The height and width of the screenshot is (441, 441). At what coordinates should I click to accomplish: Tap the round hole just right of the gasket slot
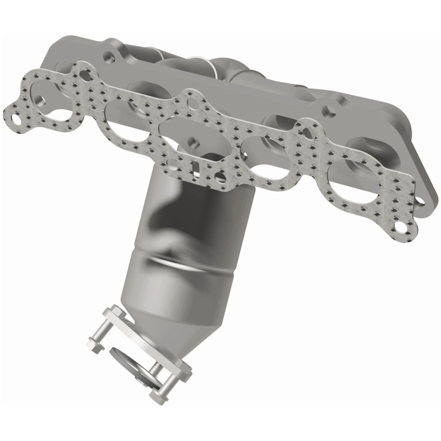220,178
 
